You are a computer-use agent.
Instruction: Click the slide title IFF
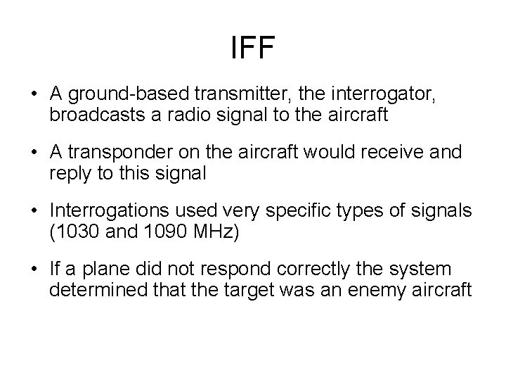tap(253, 49)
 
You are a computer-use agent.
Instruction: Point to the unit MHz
tap(211, 232)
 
